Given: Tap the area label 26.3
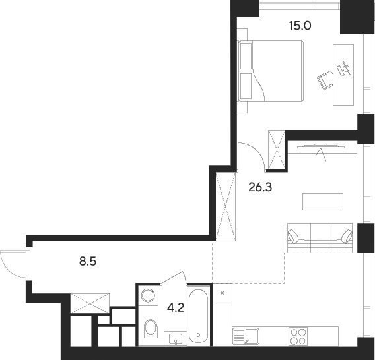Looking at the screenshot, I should click(260, 187).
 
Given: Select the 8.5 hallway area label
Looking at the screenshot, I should click(88, 261).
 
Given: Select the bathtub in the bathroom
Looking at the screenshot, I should click(199, 314).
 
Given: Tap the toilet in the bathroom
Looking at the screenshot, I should click(151, 327).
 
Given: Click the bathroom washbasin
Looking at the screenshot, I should click(176, 338).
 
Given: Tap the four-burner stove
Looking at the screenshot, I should click(298, 336).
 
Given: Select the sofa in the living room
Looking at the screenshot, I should click(317, 237).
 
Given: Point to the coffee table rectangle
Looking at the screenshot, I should click(322, 201).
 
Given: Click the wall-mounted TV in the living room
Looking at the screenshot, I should click(318, 145).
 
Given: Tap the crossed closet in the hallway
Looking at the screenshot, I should click(89, 304).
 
